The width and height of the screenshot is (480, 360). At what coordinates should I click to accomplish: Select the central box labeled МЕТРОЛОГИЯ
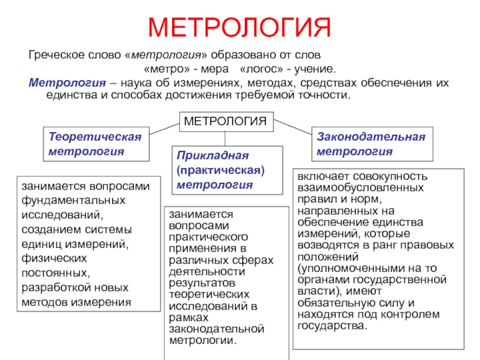pyautogui.click(x=225, y=122)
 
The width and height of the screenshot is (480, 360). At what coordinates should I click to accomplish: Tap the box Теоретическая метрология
pyautogui.click(x=95, y=144)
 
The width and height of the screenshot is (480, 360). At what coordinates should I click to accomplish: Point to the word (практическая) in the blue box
pyautogui.click(x=221, y=170)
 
